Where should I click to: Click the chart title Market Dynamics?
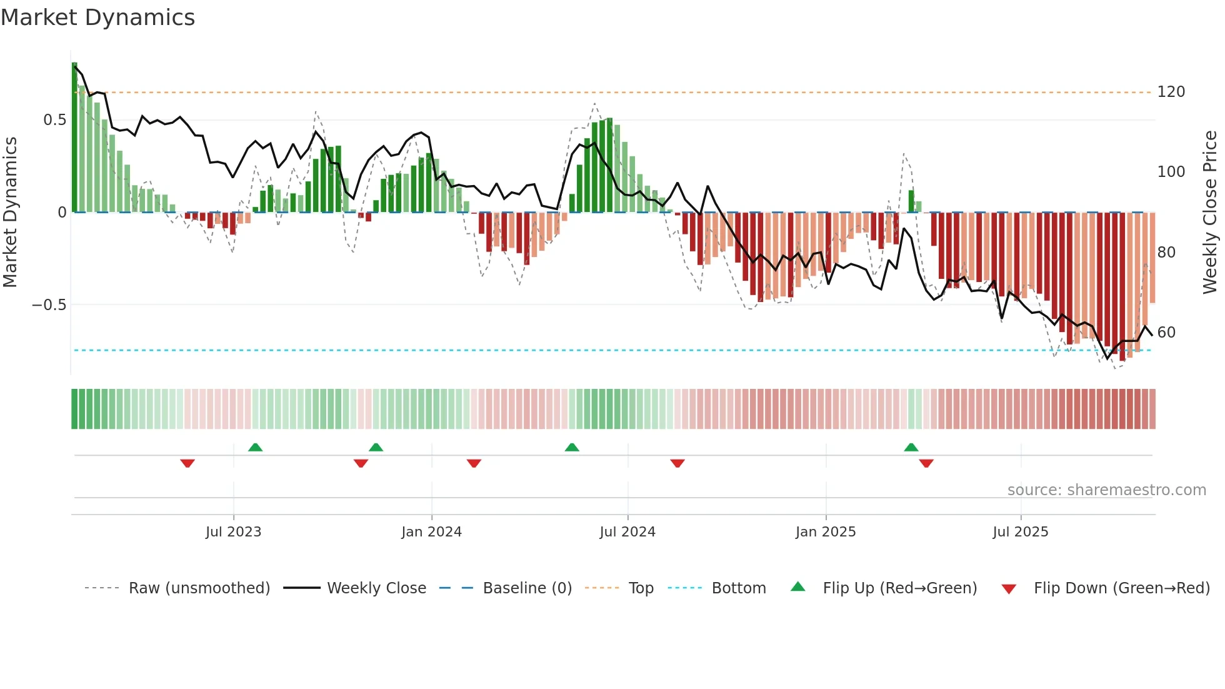pyautogui.click(x=97, y=18)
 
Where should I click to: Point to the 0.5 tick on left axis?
pyautogui.click(x=54, y=120)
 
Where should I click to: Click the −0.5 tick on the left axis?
pyautogui.click(x=49, y=305)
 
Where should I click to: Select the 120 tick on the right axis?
pyautogui.click(x=1171, y=92)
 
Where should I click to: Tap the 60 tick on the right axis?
pyautogui.click(x=1166, y=333)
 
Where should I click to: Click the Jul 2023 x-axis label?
pyautogui.click(x=233, y=532)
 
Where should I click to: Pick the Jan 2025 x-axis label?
pyautogui.click(x=825, y=532)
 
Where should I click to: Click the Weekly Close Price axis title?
pyautogui.click(x=1210, y=213)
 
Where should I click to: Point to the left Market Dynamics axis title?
pyautogui.click(x=10, y=213)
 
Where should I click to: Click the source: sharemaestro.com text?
pyautogui.click(x=1106, y=490)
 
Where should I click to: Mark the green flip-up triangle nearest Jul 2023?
pyautogui.click(x=255, y=447)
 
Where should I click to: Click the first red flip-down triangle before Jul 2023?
pyautogui.click(x=187, y=463)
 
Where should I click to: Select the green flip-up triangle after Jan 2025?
pyautogui.click(x=911, y=447)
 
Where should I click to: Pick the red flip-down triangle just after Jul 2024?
pyautogui.click(x=677, y=463)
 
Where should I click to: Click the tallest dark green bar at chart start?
pyautogui.click(x=74, y=138)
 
